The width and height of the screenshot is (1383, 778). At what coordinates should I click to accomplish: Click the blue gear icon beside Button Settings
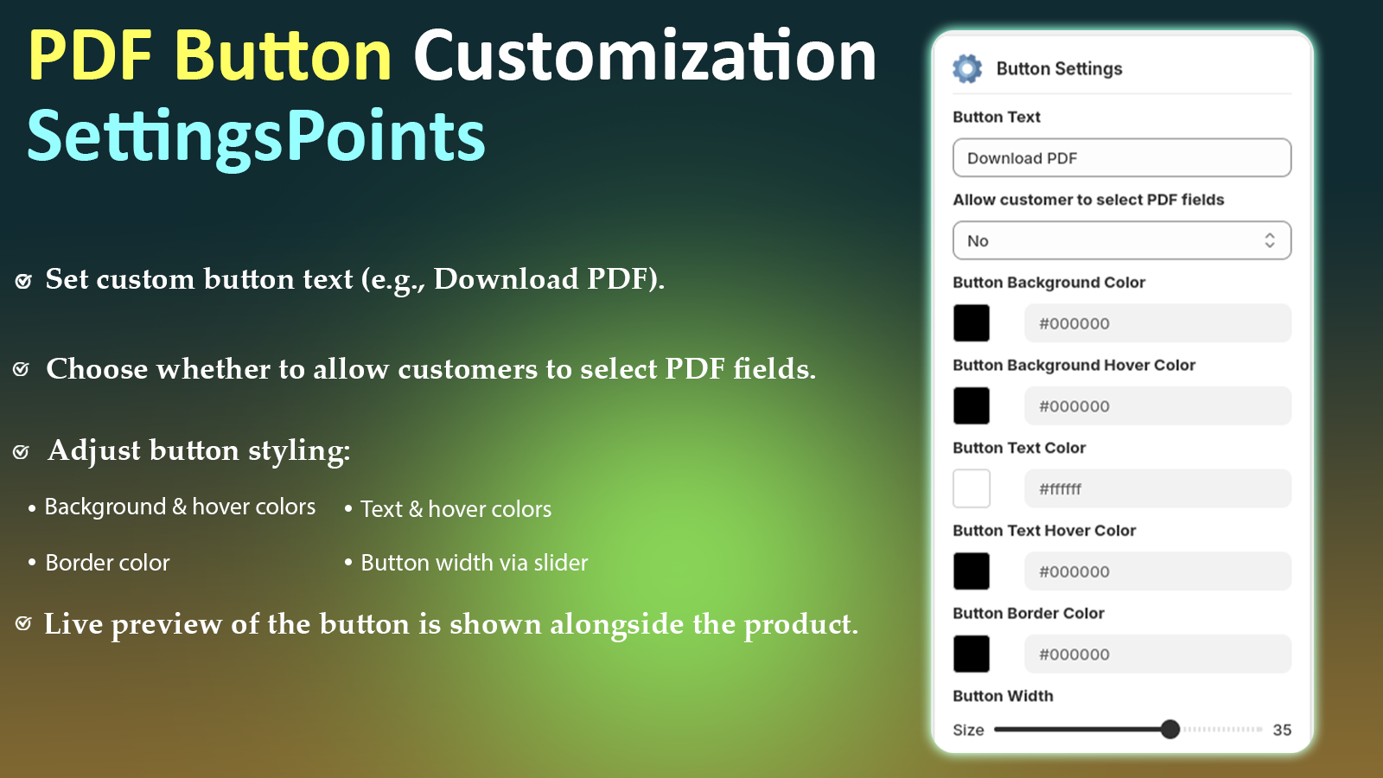967,68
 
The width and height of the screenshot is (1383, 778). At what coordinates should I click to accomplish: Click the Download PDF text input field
1121,158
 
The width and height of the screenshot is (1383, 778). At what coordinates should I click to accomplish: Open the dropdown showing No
1121,240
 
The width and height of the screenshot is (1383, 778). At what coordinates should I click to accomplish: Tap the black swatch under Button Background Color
972,323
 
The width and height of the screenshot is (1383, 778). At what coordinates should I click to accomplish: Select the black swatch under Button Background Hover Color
972,405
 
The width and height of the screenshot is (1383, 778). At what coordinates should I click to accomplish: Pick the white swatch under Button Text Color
972,488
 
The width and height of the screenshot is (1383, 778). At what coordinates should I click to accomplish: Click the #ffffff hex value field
1157,489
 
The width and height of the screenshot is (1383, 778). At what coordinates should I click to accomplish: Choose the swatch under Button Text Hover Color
972,571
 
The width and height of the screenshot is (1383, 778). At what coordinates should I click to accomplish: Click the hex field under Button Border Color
1157,654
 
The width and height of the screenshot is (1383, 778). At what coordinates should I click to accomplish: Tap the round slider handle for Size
1170,730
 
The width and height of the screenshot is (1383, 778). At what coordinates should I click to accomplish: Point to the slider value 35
1282,730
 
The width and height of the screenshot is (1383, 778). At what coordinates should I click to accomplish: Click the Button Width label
1003,696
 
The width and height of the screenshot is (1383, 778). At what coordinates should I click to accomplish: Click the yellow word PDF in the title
90,57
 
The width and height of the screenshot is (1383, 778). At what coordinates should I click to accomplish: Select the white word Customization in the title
645,57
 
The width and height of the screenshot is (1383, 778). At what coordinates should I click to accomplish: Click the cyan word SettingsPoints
256,137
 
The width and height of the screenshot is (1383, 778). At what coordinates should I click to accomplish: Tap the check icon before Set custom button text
23,281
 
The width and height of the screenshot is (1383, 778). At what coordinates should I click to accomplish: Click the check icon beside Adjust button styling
22,452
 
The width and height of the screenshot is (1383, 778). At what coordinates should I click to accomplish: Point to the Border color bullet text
107,563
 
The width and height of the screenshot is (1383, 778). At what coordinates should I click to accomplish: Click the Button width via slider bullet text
474,563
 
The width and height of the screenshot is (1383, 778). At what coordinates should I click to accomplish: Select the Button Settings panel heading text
1059,69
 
